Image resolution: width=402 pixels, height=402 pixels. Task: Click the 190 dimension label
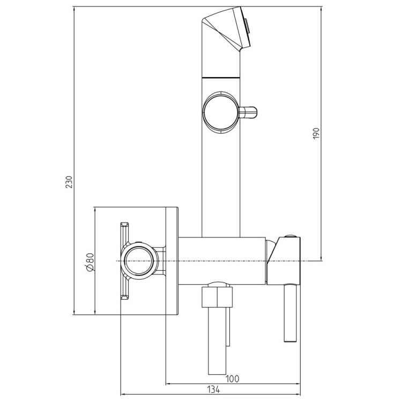coord(316,133)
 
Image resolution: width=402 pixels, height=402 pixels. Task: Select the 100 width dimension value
coord(232,378)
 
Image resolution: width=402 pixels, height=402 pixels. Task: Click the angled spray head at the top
coord(226,28)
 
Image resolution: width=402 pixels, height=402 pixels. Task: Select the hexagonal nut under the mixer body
coord(217,297)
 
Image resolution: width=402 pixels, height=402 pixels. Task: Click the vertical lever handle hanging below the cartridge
coord(291,313)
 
